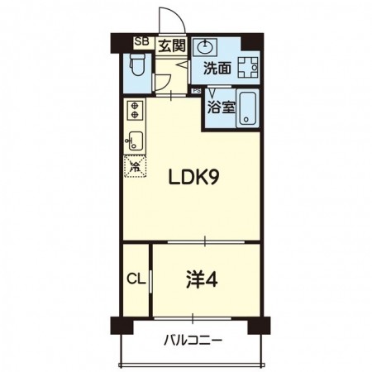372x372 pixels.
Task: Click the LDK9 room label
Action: pyautogui.click(x=194, y=177)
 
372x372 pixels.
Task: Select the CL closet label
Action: pyautogui.click(x=136, y=280)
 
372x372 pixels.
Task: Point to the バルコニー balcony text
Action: pyautogui.click(x=192, y=340)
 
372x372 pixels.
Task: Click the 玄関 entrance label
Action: pyautogui.click(x=172, y=45)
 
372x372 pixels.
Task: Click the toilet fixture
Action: pyautogui.click(x=138, y=66)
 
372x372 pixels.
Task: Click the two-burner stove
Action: pyautogui.click(x=135, y=110)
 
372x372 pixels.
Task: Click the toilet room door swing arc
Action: pyautogui.click(x=163, y=81)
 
